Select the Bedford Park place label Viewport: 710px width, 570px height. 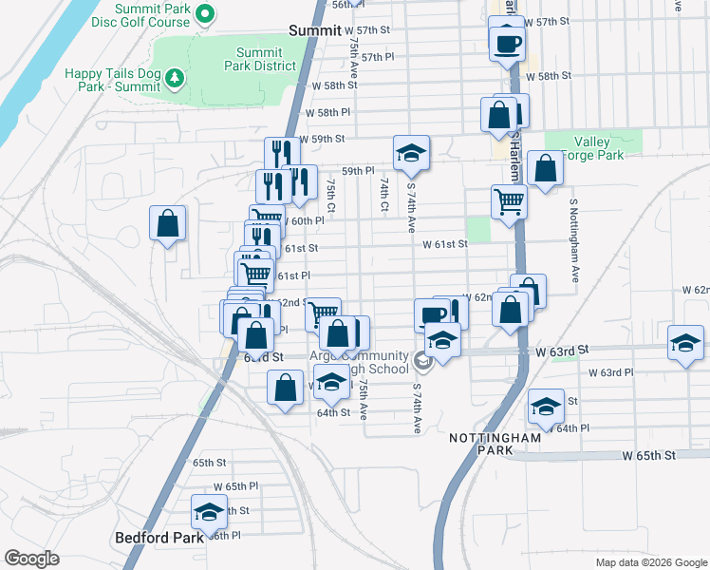point(159,537)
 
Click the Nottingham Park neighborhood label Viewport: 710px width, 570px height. point(495,444)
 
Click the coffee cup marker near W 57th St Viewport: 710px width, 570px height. point(507,43)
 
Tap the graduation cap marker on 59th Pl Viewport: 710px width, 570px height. point(412,153)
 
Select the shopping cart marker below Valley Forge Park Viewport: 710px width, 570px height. point(509,201)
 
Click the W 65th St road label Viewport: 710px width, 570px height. point(648,455)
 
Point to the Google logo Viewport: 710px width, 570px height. point(31,559)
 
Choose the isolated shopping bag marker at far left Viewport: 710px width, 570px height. point(167,224)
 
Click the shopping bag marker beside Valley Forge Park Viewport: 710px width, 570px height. point(545,169)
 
